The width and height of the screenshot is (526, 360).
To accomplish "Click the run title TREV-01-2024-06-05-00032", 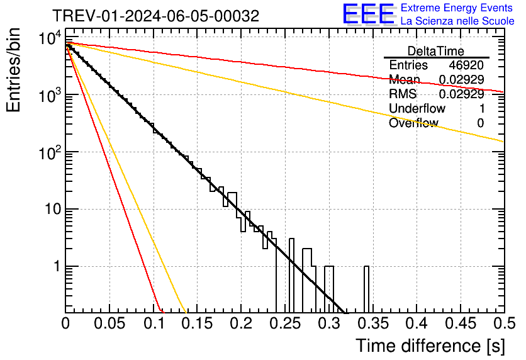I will click(x=155, y=16).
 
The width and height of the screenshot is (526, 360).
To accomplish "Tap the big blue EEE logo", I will click(x=368, y=15).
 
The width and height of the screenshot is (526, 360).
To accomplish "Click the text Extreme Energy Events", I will click(x=457, y=8).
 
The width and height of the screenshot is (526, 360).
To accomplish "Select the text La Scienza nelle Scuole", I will click(x=457, y=21).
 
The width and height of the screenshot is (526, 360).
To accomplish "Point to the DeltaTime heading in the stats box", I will click(x=436, y=51).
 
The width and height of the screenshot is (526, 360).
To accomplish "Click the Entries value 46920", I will click(x=466, y=65).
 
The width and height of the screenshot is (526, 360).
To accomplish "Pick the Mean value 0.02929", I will click(x=461, y=79).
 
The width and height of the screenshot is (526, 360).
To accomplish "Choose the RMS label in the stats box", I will click(x=403, y=94).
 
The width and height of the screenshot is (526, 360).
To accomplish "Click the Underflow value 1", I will click(x=481, y=108).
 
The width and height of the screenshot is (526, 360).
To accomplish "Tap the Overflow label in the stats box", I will click(x=413, y=123).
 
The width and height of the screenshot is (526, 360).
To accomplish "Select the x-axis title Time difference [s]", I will click(x=430, y=346).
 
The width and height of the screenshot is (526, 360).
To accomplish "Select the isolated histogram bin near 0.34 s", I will click(x=366, y=290).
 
